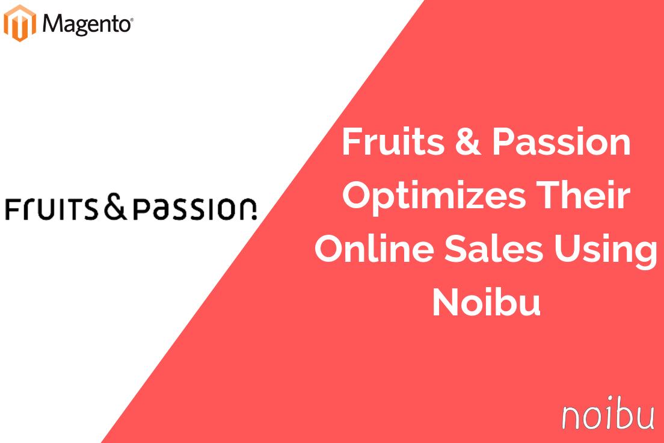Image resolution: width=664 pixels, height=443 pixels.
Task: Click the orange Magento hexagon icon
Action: coord(20,23)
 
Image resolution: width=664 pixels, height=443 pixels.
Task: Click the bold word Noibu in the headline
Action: coord(486,303)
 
